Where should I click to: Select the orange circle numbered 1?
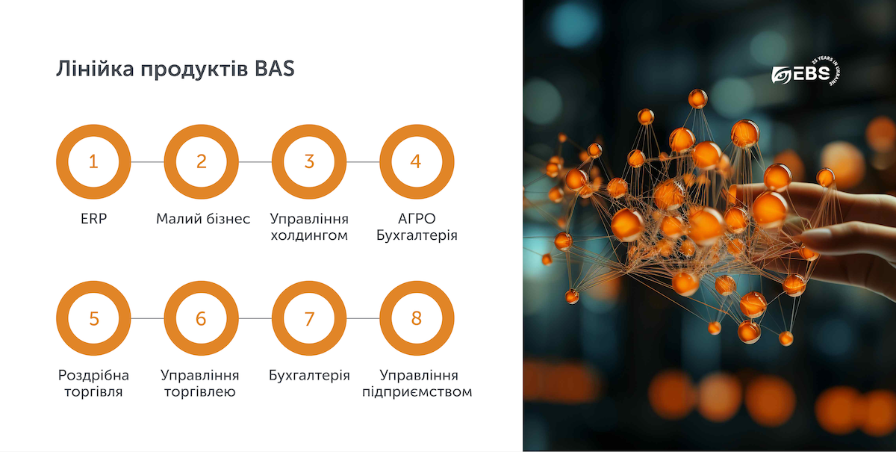point(93,161)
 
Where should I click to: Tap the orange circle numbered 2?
point(201,161)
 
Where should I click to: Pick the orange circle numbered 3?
point(308,161)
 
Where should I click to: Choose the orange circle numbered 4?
point(417,161)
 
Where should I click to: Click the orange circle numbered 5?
point(93,318)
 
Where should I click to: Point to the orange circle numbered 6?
point(201,318)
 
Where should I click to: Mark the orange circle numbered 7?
point(308,318)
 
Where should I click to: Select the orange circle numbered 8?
point(417,318)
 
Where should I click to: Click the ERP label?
point(93,220)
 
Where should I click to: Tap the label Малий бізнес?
point(203,220)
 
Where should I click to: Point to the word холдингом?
point(309,236)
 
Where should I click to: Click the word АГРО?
point(417,220)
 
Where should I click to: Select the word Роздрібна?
point(93,375)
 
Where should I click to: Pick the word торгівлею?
point(201,391)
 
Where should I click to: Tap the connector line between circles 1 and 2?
point(147,161)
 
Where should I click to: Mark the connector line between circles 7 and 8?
point(363,318)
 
